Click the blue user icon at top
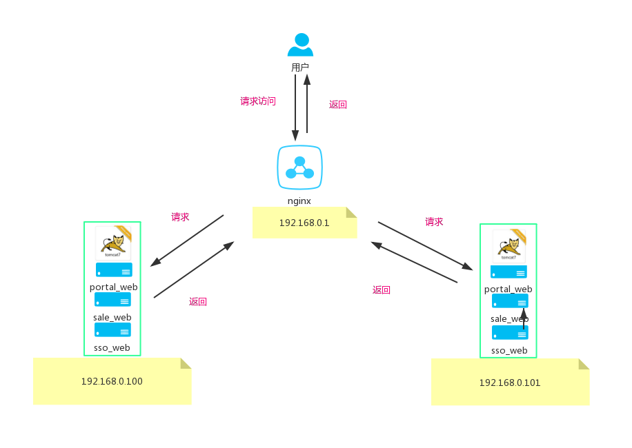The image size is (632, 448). pos(300,45)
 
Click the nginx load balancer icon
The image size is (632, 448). pos(299,167)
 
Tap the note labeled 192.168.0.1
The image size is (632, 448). pos(304,223)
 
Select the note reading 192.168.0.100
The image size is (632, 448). pos(112,381)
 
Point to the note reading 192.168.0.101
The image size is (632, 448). pos(510,383)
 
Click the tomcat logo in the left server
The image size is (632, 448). pos(112,243)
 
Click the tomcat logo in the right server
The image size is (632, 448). pos(508,246)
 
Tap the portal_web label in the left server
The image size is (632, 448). pos(113,287)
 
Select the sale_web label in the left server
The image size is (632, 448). pos(112,317)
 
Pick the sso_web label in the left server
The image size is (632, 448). pos(112,347)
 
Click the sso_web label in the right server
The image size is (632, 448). pos(509,350)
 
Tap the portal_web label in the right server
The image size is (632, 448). pos(508,289)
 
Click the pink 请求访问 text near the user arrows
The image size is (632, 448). pos(258,101)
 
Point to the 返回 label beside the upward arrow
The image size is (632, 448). pos(337,105)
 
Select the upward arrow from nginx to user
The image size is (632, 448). pos(307,103)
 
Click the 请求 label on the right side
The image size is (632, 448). pos(434,222)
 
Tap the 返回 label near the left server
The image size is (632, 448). pos(198,301)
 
